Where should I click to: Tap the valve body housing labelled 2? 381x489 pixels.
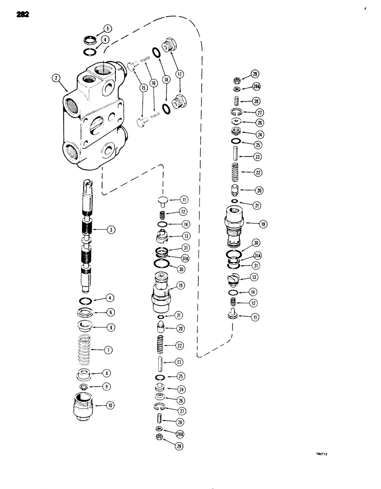click(93, 117)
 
